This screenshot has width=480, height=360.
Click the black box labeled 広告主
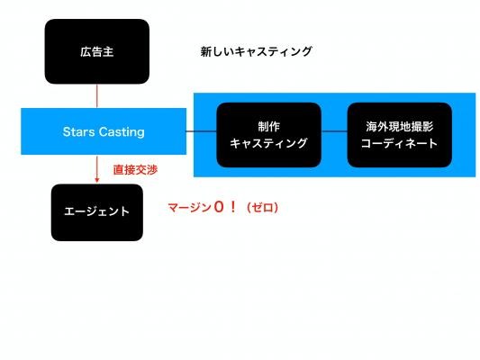pos(97,51)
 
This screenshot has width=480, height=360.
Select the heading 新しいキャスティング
pos(257,51)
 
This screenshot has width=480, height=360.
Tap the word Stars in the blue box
pos(78,131)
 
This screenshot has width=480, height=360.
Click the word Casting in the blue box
pos(122,132)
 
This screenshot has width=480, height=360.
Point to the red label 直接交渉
pos(135,170)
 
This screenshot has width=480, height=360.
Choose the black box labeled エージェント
pos(97,212)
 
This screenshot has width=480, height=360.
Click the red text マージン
pos(189,208)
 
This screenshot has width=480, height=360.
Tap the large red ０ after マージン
pos(219,207)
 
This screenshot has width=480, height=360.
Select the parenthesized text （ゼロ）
pos(263,208)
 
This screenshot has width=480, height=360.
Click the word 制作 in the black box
pos(268,127)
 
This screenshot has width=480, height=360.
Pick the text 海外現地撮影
pos(400,127)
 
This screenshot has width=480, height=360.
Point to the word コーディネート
pos(400,143)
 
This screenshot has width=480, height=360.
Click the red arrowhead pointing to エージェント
pos(97,180)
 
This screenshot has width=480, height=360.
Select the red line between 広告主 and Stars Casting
pos(97,96)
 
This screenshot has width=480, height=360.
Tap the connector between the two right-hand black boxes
pos(334,131)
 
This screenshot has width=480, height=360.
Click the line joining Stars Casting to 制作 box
pos(202,131)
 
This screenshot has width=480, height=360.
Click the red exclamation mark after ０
pos(233,207)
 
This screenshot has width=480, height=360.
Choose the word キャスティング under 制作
pos(268,143)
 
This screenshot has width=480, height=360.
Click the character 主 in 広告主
pos(108,51)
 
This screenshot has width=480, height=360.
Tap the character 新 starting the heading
pos(206,51)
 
